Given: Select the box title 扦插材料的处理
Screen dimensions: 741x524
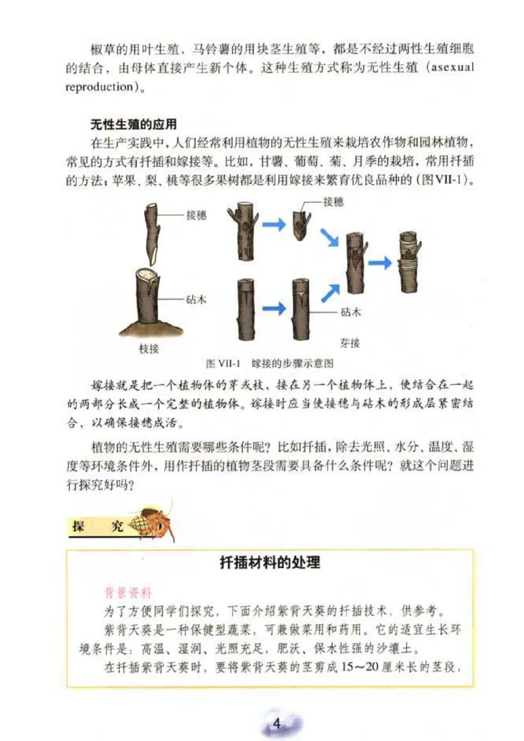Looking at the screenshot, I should coord(269,562).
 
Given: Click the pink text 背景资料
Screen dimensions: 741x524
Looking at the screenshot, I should coord(128,594).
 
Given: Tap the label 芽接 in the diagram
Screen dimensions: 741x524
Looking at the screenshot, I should coord(349,343).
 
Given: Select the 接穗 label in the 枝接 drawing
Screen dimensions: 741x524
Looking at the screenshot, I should coord(196,215).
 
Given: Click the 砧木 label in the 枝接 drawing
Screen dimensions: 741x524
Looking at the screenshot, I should coord(196,298).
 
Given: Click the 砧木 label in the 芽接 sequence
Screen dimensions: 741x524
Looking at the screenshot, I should coord(350,312).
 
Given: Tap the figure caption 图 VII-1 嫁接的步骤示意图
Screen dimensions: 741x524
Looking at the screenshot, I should coord(270,363).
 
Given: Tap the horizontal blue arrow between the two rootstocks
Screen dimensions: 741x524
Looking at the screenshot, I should coord(274,307).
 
